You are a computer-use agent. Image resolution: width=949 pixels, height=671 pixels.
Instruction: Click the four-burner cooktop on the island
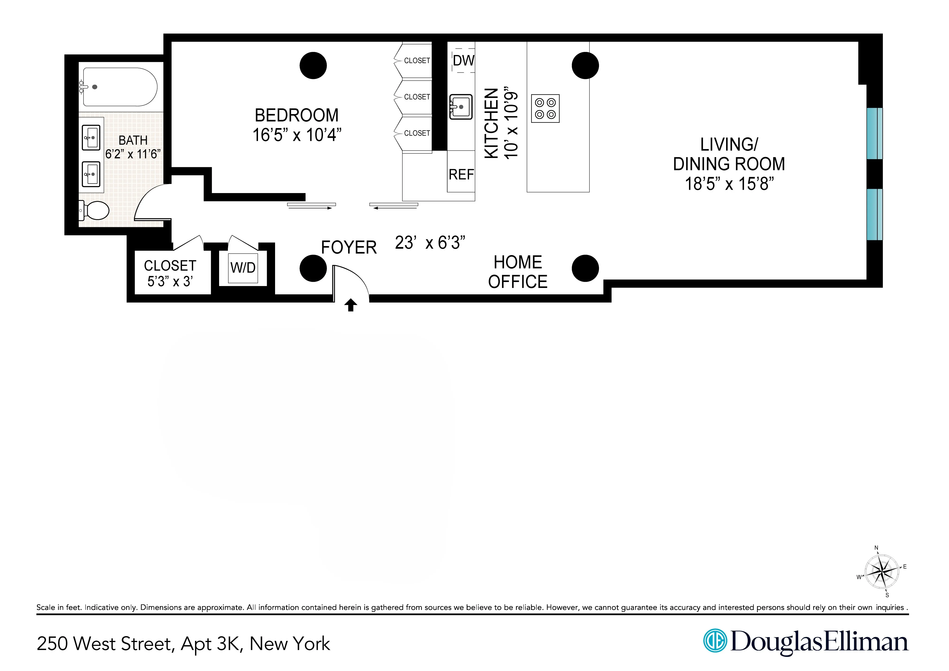(545, 108)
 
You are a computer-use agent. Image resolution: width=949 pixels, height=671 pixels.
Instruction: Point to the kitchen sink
(461, 107)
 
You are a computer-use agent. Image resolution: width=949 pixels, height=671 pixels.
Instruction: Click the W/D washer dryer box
(243, 268)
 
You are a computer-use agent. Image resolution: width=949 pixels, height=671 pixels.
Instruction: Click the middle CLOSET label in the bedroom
(417, 97)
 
